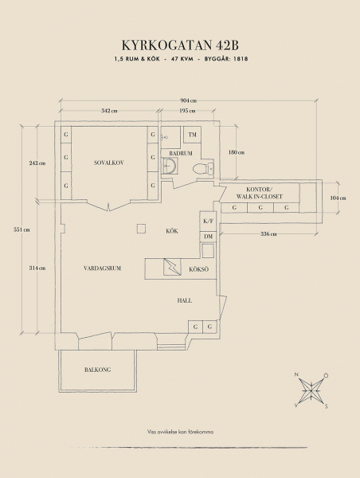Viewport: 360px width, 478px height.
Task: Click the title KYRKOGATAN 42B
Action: pos(180,45)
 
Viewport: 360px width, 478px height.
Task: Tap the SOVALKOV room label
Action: pos(109,163)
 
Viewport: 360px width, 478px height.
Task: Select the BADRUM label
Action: pos(181,153)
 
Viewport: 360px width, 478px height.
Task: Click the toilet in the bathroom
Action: pos(203,169)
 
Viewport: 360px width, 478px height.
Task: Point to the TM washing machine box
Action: pos(192,135)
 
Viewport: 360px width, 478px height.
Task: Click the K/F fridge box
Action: pos(208,221)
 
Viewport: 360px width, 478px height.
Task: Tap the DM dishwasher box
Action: pos(208,237)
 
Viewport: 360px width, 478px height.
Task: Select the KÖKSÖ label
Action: pos(199,269)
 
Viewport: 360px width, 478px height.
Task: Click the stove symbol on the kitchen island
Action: pos(172,267)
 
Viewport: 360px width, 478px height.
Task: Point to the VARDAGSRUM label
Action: pos(102,268)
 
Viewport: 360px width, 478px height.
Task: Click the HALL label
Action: pos(185,300)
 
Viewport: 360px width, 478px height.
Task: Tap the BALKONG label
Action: pos(97,370)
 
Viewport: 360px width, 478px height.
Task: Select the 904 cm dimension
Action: pos(189,100)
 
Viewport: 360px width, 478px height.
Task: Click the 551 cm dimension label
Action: pos(22,229)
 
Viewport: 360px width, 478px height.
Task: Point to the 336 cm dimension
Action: pos(268,233)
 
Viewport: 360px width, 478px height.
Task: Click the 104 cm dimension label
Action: pos(338,198)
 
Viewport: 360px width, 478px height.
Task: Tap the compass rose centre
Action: pos(311,390)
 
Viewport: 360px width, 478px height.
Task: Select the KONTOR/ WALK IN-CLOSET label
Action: pos(260,193)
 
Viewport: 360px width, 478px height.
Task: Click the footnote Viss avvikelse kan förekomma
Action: pos(180,432)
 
